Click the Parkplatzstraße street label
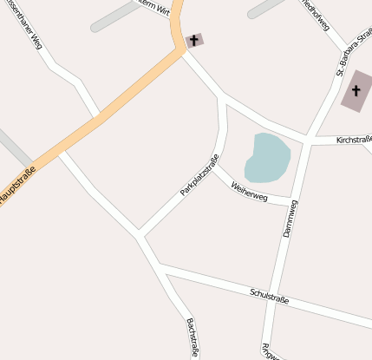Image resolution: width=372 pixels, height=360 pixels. coord(199,174)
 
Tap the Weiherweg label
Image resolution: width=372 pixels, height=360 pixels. coord(250,192)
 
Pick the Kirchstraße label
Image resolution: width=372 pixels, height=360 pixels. coord(353,139)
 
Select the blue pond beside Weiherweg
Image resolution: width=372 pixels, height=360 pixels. coord(267,156)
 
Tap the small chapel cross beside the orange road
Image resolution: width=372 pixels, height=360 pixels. coord(193,40)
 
